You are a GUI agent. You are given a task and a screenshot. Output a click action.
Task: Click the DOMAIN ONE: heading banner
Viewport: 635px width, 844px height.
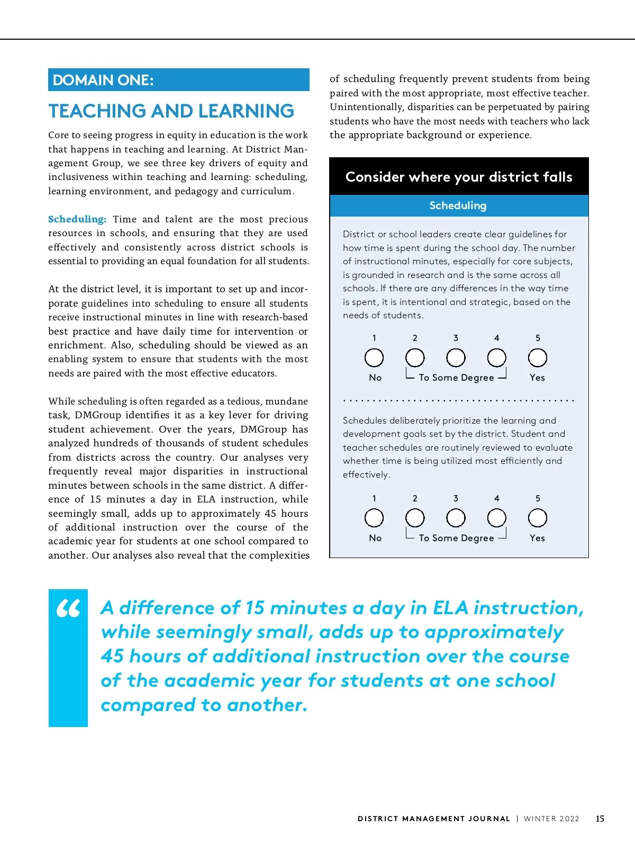[x=178, y=80]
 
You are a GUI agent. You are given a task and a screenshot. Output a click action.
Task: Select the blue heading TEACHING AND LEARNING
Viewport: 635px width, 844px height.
[x=171, y=111]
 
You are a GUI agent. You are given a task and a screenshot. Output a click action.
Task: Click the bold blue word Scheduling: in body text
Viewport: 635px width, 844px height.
[x=77, y=219]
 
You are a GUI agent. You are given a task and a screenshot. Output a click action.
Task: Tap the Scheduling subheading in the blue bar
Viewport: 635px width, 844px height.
[x=458, y=205]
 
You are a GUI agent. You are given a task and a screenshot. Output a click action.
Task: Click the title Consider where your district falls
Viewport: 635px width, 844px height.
[x=459, y=177]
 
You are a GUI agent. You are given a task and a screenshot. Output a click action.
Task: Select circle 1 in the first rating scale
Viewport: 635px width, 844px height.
[x=374, y=358]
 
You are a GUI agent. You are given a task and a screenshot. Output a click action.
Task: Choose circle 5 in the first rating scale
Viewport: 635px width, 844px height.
[x=538, y=358]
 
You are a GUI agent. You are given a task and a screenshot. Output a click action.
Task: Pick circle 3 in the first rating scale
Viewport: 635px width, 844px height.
[x=456, y=358]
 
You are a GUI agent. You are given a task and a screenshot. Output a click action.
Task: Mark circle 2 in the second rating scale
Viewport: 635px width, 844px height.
[x=415, y=518]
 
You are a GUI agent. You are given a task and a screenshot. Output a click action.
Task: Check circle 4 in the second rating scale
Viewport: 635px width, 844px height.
[x=497, y=518]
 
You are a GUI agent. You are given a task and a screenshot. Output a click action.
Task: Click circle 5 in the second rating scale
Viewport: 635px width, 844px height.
[x=538, y=518]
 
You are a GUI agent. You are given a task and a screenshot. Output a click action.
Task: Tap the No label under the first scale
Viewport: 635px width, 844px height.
[x=375, y=378]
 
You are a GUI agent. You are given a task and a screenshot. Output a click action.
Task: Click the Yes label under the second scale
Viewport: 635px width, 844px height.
[x=537, y=538]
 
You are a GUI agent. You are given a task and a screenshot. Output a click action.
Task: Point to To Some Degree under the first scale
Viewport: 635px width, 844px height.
[x=456, y=378]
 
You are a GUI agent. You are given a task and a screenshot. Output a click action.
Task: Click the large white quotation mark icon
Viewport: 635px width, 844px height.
[x=68, y=609]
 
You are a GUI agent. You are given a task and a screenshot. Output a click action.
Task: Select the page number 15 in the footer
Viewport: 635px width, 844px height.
[x=600, y=819]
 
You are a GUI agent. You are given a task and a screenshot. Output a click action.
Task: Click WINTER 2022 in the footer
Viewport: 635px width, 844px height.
[x=551, y=819]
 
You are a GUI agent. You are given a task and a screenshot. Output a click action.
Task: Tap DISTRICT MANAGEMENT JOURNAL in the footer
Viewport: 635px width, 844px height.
[x=434, y=819]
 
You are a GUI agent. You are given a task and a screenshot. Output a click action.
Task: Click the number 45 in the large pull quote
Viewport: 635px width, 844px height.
[x=112, y=657]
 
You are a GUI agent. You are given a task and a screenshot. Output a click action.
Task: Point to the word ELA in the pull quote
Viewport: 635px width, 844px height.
[x=450, y=608]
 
